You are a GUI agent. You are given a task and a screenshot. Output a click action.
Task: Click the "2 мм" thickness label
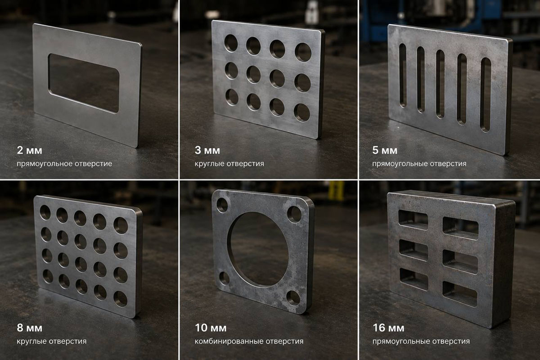[29, 150]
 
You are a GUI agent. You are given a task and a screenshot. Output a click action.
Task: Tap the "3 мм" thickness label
[207, 150]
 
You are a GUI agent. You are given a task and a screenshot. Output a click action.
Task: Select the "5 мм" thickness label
[385, 150]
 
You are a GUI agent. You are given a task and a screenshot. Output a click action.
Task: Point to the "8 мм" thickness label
[29, 328]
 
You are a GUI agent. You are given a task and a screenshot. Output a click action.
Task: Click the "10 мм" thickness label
[211, 328]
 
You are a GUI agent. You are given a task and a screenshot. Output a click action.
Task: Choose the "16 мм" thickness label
[388, 328]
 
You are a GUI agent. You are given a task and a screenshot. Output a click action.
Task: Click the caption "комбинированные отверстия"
[249, 342]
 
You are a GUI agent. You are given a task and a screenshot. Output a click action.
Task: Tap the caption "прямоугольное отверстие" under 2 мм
[64, 164]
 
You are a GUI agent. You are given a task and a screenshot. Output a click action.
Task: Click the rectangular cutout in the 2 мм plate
[84, 83]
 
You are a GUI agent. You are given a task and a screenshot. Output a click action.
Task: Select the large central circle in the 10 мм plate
[258, 249]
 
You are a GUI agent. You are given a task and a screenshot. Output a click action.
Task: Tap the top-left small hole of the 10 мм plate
[222, 205]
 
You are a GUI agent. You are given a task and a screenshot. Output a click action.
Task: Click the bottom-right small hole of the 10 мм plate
[293, 298]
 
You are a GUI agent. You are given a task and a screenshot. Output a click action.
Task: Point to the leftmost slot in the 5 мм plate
[403, 76]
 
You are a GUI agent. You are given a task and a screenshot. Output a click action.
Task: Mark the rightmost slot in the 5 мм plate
[486, 95]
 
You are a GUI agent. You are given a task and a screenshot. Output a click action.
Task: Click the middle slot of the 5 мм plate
[440, 84]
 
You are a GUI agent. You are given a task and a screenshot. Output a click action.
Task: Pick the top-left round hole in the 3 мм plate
[231, 43]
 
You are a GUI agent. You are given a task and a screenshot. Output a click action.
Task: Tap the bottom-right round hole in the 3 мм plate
[302, 112]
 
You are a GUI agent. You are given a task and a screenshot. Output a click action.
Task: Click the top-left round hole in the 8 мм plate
[45, 212]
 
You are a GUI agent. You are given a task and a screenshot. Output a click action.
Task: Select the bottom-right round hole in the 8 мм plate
[121, 299]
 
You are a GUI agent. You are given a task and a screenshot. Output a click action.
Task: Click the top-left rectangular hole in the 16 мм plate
[413, 220]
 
